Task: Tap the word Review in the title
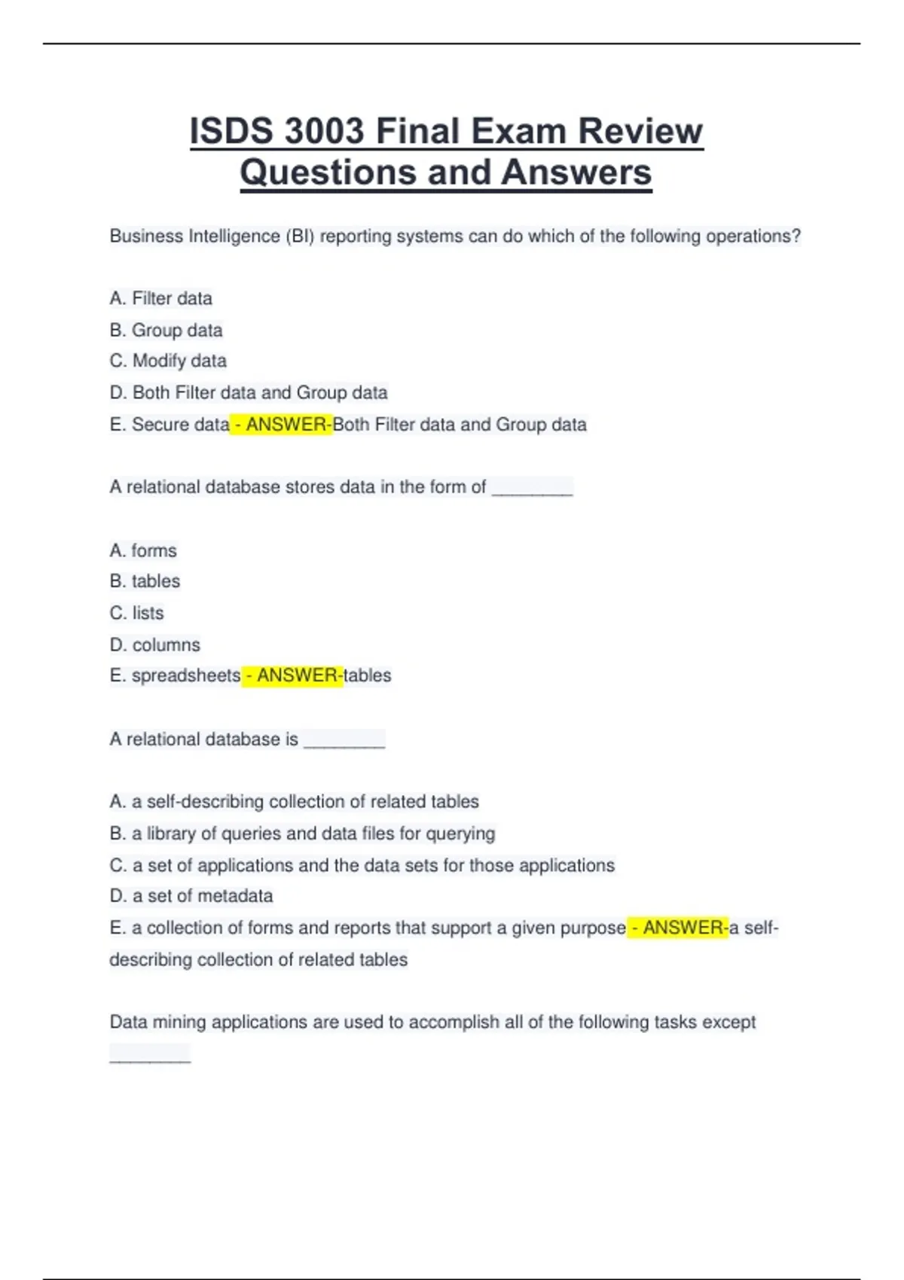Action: point(640,131)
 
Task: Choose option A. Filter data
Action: point(161,299)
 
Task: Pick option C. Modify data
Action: point(168,361)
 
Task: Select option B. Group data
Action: point(166,331)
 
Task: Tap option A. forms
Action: point(143,551)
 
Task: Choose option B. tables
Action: point(145,582)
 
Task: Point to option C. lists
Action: point(136,614)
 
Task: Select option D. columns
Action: point(155,645)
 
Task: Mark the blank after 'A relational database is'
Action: point(344,741)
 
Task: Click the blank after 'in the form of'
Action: point(532,489)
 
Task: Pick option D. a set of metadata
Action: point(191,896)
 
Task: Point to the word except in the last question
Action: point(729,1022)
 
